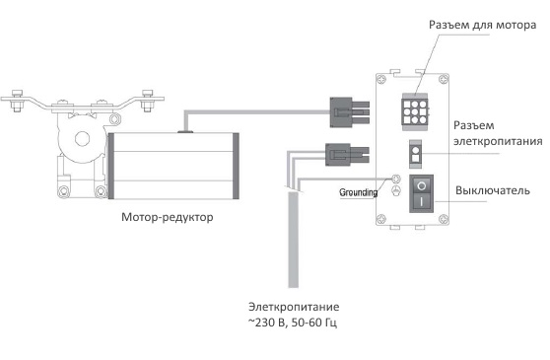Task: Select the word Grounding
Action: click(x=357, y=192)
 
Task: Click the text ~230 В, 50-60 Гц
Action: click(x=300, y=324)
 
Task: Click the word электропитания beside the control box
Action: click(x=499, y=142)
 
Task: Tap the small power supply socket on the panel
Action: click(x=417, y=155)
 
